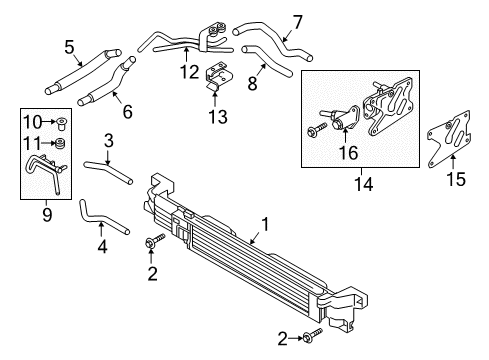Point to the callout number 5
coord(69,45)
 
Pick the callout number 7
coord(297,21)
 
